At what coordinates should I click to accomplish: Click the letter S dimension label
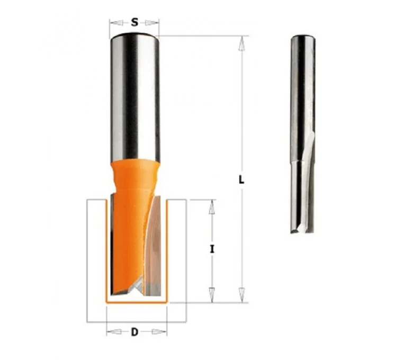click(x=134, y=22)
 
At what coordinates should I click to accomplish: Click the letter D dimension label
click(x=134, y=332)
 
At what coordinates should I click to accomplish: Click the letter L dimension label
click(x=241, y=180)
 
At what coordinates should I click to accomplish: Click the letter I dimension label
click(x=212, y=249)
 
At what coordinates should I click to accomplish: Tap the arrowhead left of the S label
click(x=116, y=23)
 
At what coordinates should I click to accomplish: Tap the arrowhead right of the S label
click(x=152, y=23)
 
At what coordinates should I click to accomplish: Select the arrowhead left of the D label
click(x=114, y=332)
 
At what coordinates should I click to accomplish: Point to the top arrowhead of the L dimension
click(x=241, y=43)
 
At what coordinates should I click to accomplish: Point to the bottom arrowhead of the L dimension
click(x=241, y=295)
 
